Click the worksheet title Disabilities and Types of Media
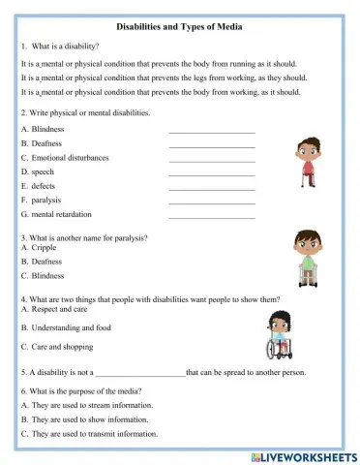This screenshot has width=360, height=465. click(179, 28)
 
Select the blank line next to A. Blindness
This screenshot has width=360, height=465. click(211, 130)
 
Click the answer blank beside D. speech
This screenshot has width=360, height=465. click(211, 172)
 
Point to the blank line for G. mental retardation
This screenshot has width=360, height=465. click(211, 216)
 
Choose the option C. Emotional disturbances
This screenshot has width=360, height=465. click(65, 157)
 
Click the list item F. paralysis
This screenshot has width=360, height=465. click(41, 201)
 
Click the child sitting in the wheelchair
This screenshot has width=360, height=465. click(280, 335)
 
